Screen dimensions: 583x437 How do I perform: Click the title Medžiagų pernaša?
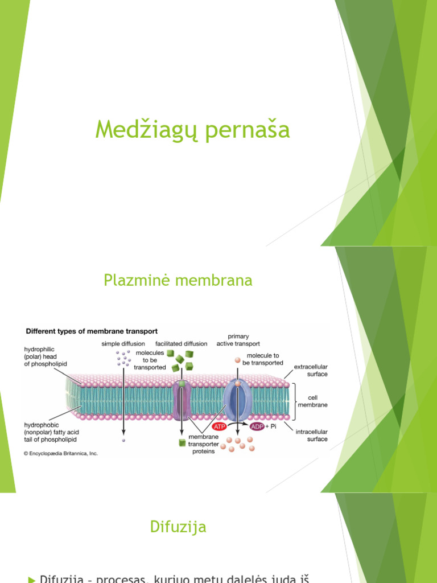192,130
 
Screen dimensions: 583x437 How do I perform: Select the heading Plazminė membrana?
178,280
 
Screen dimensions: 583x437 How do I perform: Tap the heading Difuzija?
178,527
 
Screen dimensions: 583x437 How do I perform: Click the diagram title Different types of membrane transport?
90,331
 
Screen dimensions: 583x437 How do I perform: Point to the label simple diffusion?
123,344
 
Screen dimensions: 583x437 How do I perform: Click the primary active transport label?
238,340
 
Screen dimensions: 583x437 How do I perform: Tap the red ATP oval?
220,426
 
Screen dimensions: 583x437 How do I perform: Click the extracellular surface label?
311,371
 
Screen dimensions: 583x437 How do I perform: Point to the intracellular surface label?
312,436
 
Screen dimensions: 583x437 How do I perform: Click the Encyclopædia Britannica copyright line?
60,453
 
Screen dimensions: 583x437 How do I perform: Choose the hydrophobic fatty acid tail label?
50,432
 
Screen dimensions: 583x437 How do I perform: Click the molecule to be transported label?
262,359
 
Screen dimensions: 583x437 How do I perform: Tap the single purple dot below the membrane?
123,440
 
